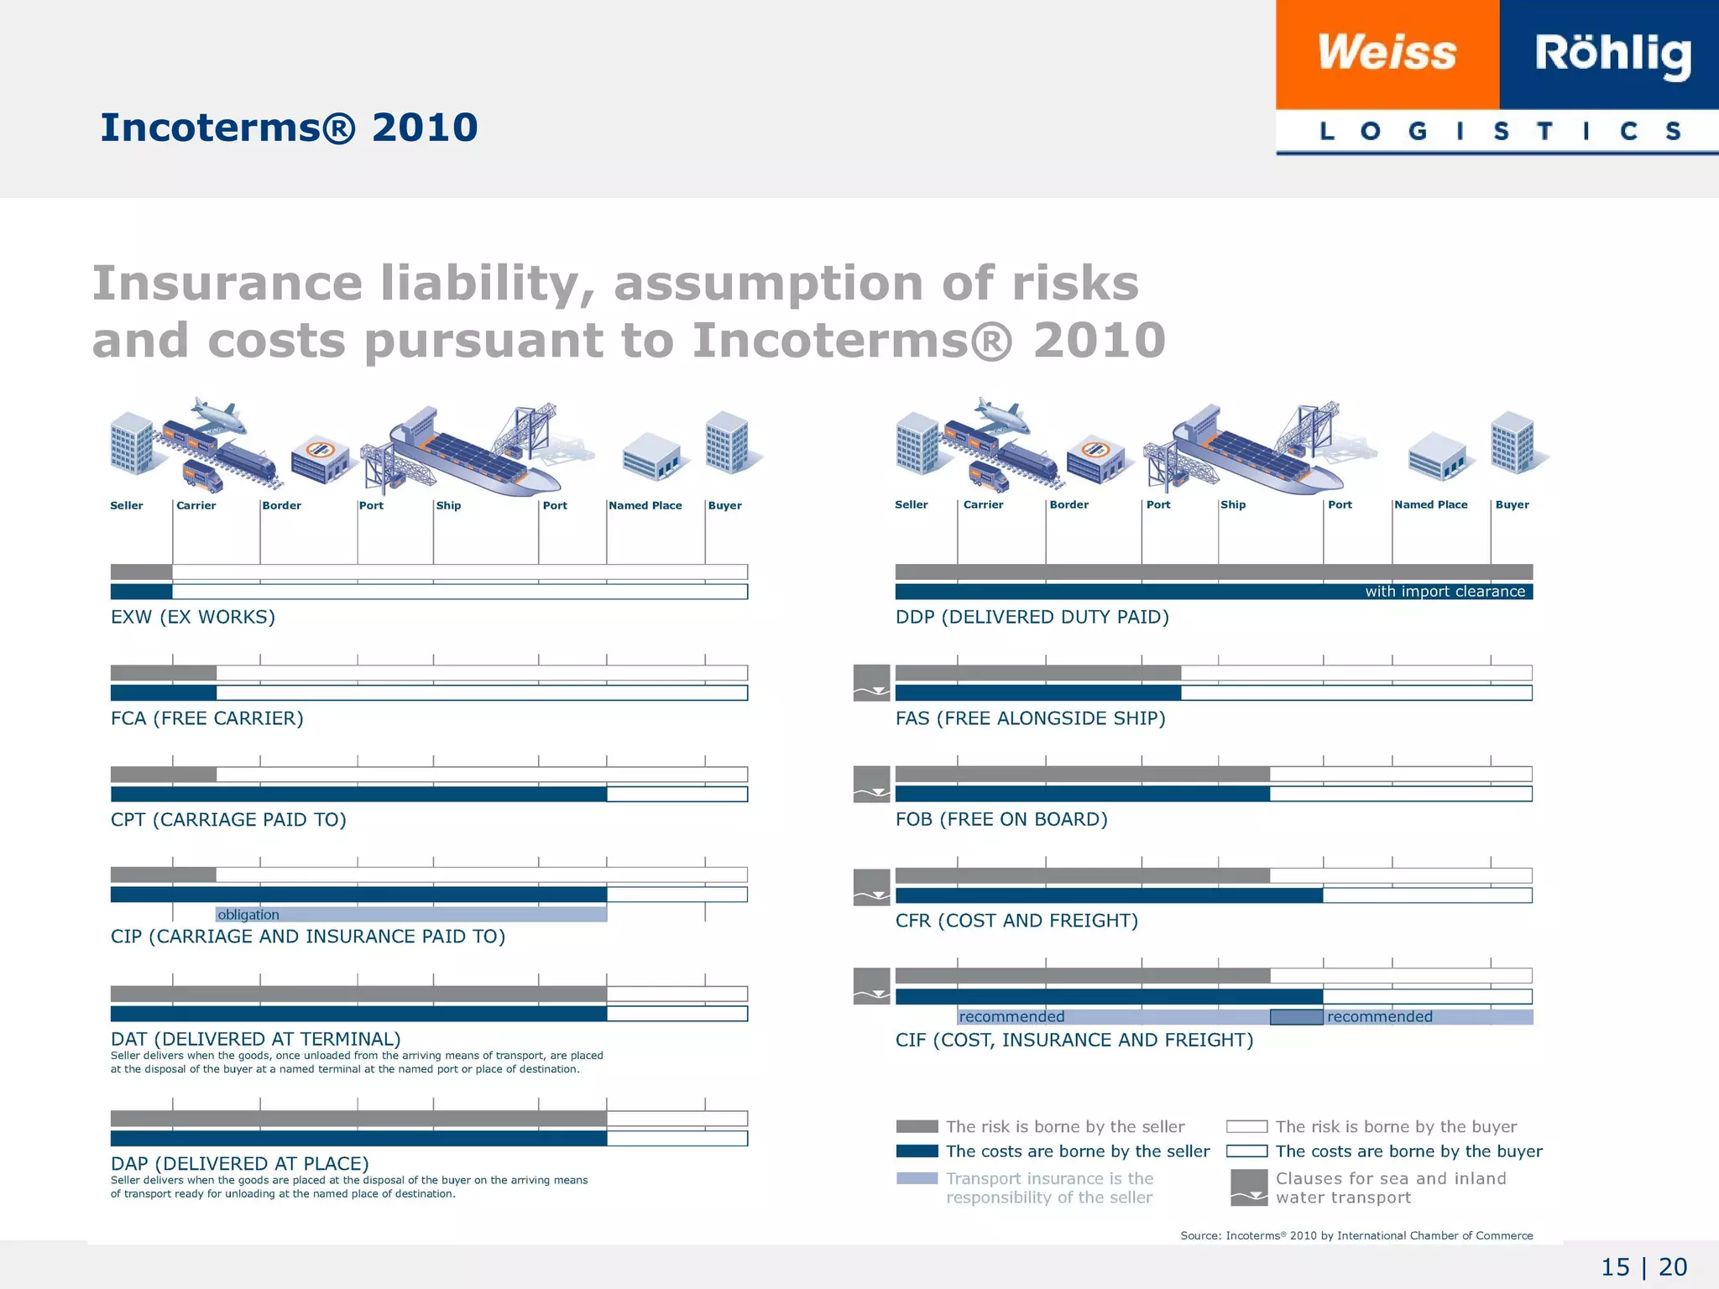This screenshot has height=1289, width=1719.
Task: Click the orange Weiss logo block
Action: tap(1387, 54)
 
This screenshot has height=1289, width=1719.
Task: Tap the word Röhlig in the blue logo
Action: tap(1612, 54)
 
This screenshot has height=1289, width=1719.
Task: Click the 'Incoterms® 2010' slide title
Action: tap(289, 128)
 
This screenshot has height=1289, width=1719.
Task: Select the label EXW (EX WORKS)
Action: tap(193, 617)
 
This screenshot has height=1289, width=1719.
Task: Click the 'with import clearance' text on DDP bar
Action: tap(1445, 592)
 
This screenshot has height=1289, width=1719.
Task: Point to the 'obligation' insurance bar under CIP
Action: tap(411, 915)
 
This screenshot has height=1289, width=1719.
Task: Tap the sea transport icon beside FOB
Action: tap(871, 784)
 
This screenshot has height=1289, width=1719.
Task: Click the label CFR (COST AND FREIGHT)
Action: tap(1016, 921)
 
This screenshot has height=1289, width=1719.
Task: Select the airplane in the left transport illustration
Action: tap(218, 415)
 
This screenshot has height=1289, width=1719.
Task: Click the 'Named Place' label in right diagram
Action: tap(1431, 504)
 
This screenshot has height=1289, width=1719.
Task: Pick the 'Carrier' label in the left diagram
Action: tap(196, 505)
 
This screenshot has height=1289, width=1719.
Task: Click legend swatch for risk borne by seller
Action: tap(917, 1126)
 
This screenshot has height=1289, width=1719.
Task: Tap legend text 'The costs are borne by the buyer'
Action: tap(1408, 1151)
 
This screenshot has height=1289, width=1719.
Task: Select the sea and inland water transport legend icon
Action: tap(1249, 1187)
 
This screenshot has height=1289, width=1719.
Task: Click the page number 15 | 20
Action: tap(1643, 1266)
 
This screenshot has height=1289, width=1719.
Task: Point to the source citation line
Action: tap(1356, 1235)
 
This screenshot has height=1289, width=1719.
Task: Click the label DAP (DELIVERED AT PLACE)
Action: tap(240, 1163)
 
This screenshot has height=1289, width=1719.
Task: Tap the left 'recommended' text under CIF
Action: tap(1011, 1017)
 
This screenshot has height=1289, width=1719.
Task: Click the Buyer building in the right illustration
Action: tap(1513, 443)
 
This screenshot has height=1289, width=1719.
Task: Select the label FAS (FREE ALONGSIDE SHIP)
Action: tap(1030, 718)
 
